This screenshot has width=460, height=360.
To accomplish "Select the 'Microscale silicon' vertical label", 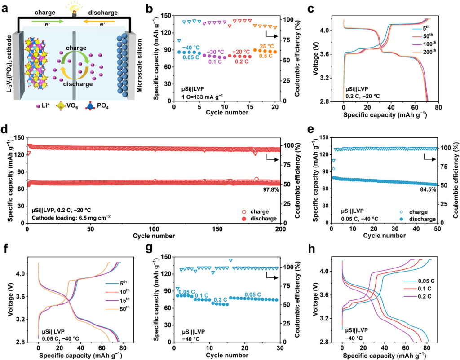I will pos(140,65).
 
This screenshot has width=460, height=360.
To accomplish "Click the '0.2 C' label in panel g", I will pos(220,299).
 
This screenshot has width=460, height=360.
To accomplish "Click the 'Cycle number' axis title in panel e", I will pos(383,237).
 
